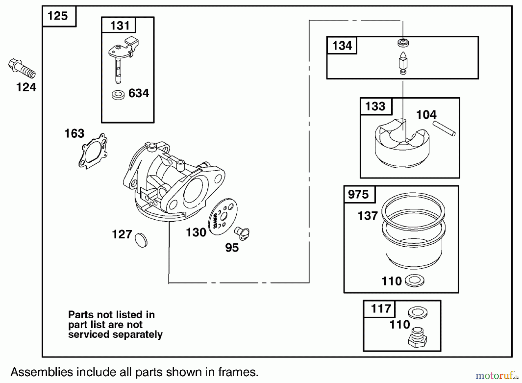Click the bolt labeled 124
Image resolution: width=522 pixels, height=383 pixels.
pyautogui.click(x=22, y=68)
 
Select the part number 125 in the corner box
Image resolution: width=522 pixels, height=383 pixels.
pyautogui.click(x=58, y=16)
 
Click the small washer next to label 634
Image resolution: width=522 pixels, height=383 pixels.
pyautogui.click(x=118, y=95)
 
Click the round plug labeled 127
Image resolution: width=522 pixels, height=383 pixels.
pyautogui.click(x=141, y=240)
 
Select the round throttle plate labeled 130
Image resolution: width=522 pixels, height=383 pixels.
pyautogui.click(x=223, y=217)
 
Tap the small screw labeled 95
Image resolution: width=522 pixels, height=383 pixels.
pyautogui.click(x=242, y=232)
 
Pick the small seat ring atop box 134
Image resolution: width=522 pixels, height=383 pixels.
pyautogui.click(x=403, y=43)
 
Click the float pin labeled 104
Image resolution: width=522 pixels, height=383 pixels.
pyautogui.click(x=444, y=128)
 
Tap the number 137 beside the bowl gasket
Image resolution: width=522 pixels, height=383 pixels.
pyautogui.click(x=368, y=216)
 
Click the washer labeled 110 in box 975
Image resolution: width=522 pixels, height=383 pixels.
pyautogui.click(x=414, y=280)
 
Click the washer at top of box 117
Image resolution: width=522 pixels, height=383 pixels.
pyautogui.click(x=418, y=313)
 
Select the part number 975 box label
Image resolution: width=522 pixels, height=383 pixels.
pyautogui.click(x=358, y=194)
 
